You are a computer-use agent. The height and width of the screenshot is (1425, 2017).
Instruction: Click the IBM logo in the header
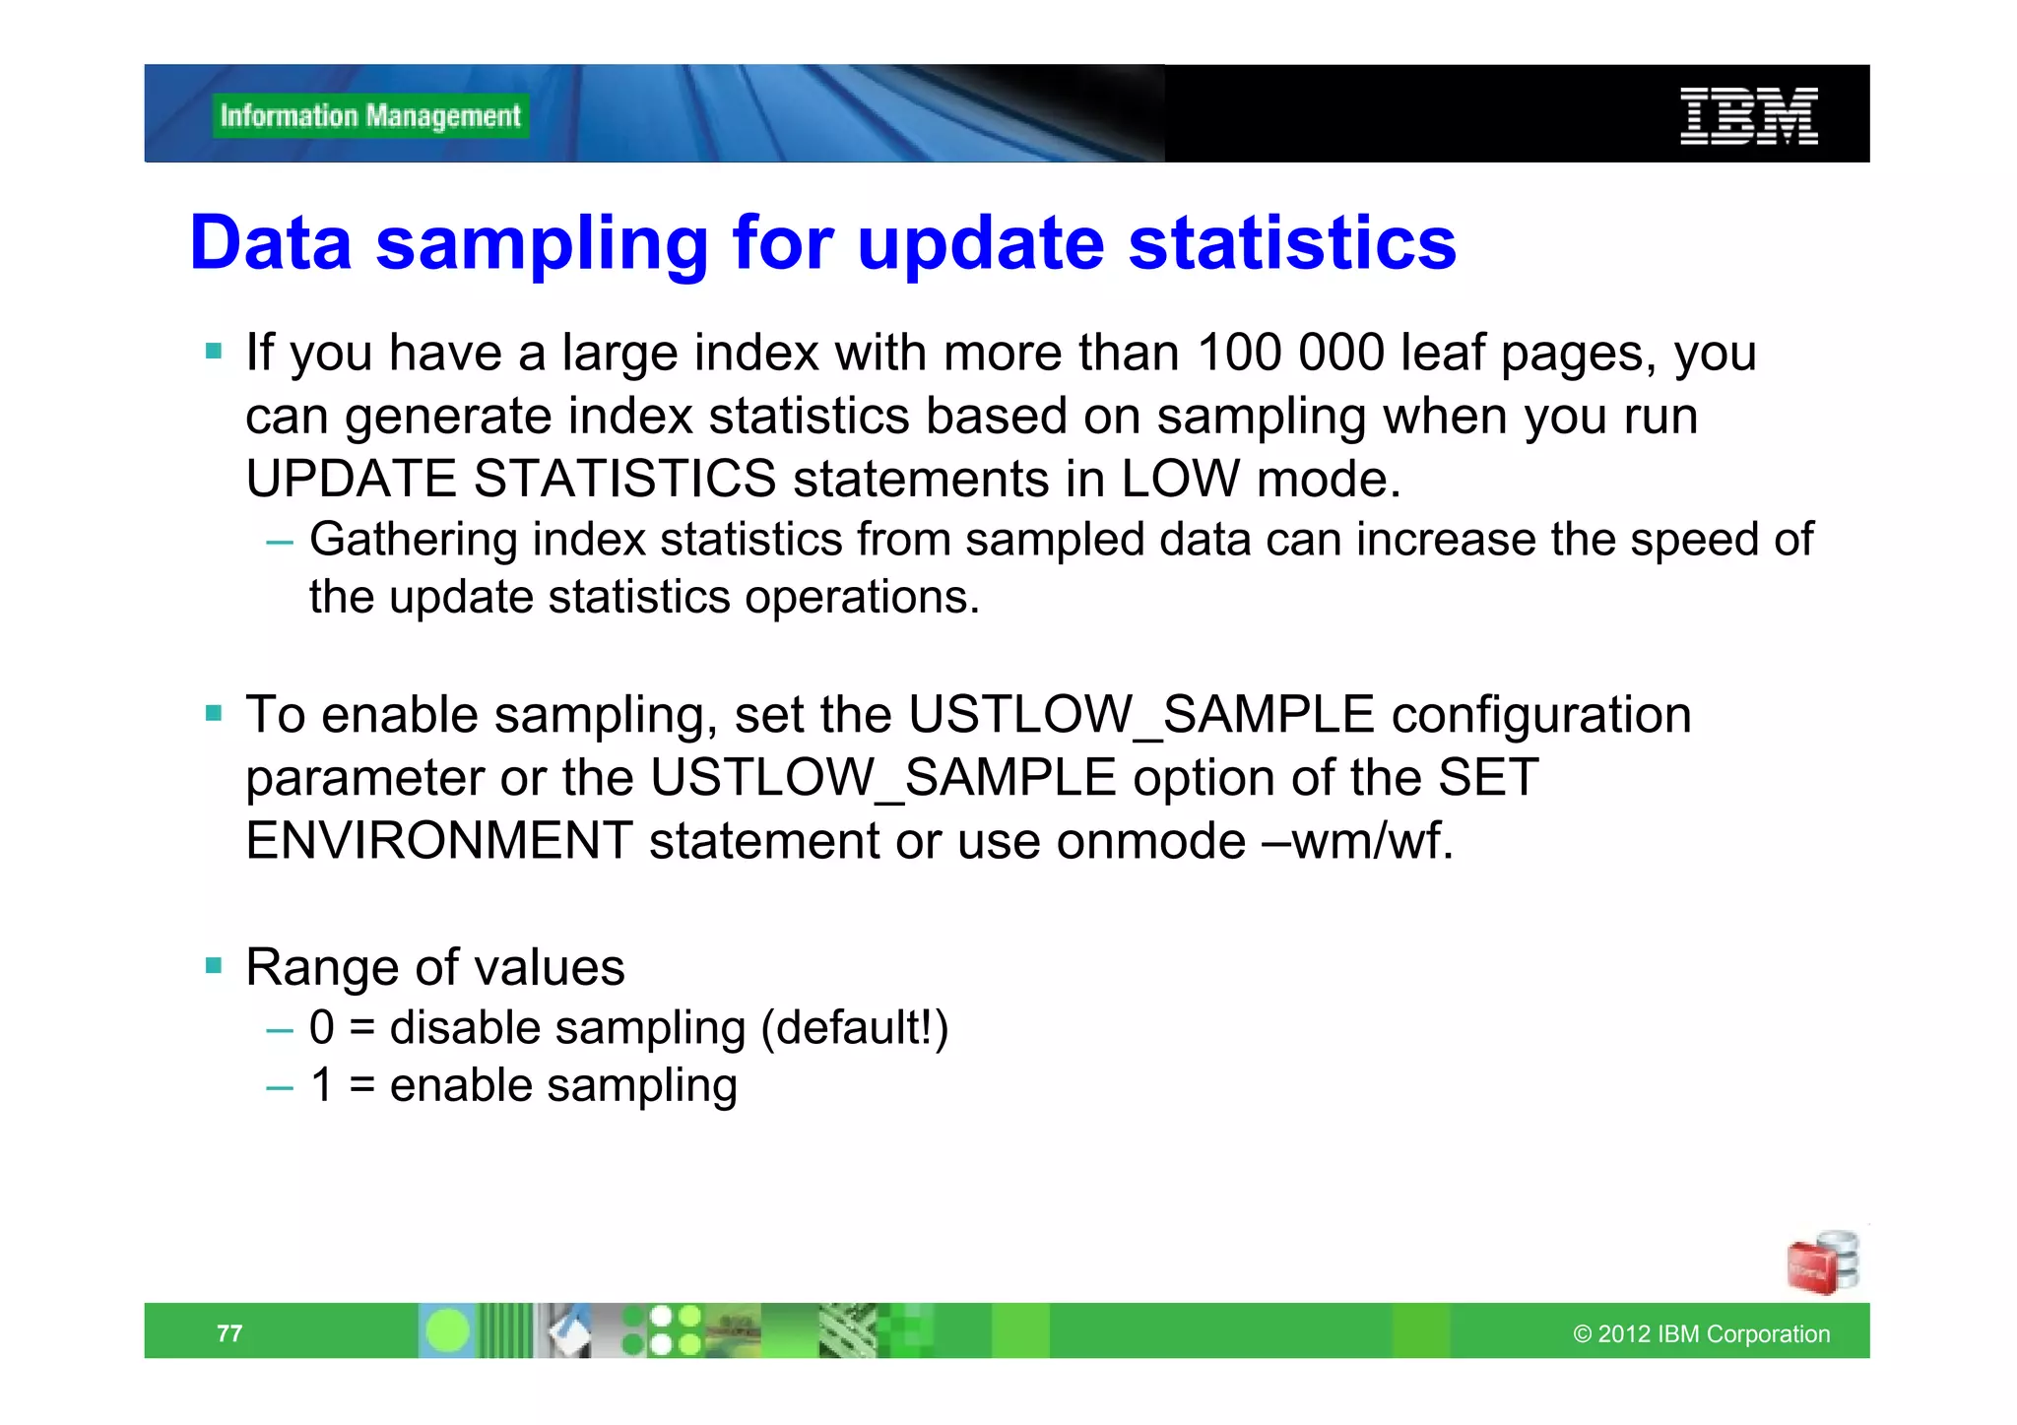(1748, 116)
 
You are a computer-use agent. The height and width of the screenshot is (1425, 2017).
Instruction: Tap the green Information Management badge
(370, 116)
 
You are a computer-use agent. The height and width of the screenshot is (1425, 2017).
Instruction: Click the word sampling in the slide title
(542, 243)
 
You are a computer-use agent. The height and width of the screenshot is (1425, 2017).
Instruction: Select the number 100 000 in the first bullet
(1290, 353)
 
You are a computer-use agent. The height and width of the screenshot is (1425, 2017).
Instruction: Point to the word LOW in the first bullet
(1180, 480)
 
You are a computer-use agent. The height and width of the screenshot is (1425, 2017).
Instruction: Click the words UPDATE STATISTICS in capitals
(510, 480)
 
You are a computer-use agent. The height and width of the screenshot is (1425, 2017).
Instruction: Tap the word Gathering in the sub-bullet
(413, 540)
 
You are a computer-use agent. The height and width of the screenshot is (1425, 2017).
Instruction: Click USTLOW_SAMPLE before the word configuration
(1140, 715)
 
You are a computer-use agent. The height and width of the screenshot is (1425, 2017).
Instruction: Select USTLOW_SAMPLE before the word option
(882, 778)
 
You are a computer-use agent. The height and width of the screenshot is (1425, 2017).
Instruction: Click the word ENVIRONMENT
(439, 841)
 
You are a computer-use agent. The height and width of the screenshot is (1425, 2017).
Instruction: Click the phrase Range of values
(434, 967)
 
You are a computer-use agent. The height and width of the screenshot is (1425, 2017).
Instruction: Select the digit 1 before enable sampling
(321, 1085)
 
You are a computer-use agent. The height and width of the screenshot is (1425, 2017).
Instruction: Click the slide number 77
(229, 1333)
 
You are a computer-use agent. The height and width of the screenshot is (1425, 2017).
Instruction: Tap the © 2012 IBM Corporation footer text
(1701, 1334)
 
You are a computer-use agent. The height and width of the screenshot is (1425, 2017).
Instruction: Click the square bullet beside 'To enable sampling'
(214, 713)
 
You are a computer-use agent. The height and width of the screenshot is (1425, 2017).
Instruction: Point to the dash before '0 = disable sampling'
(280, 1030)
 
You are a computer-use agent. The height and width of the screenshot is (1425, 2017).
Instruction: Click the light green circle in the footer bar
(447, 1331)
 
